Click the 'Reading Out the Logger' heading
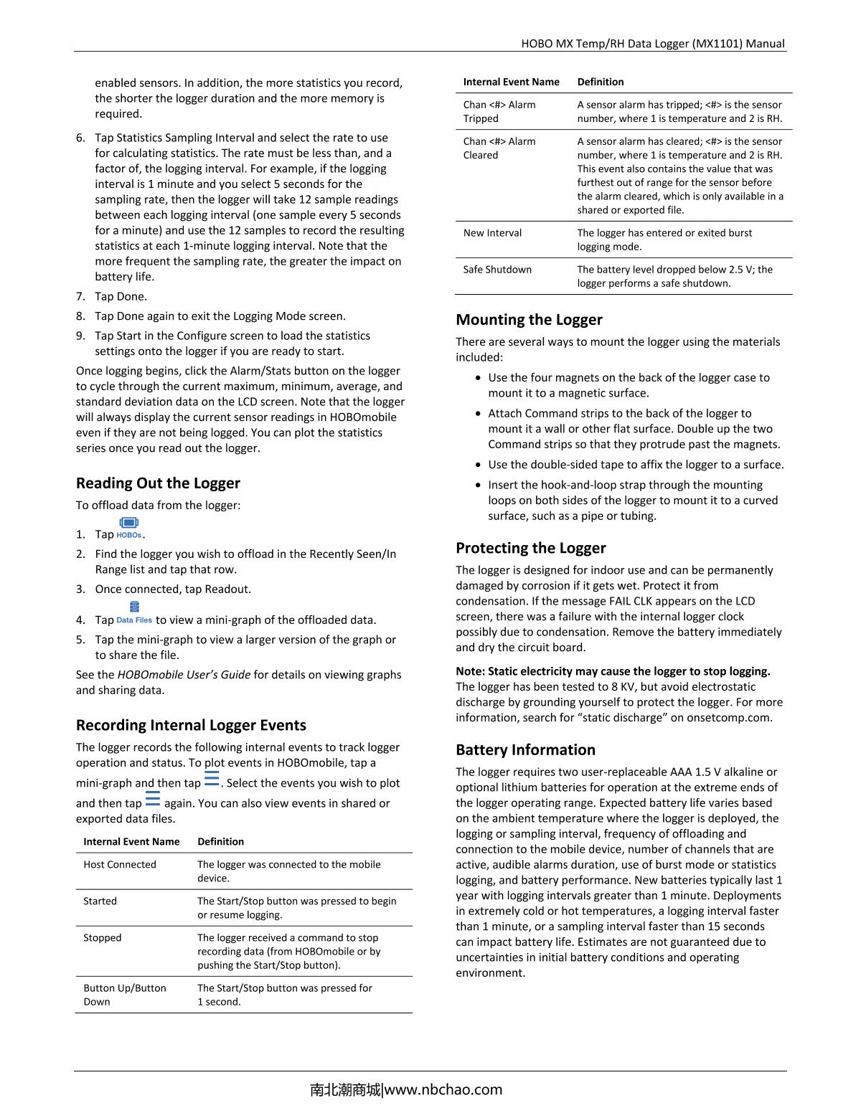158,483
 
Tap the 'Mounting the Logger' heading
529,319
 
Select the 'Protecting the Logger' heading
530,547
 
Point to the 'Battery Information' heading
525,749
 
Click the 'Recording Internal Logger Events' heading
191,724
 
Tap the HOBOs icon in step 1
129,527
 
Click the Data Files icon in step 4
134,613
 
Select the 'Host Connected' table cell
120,864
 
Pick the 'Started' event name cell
100,901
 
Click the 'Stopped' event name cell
103,937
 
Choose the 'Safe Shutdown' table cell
497,269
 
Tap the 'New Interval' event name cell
492,232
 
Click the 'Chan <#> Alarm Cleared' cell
499,148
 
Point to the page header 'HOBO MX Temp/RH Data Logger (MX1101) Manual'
652,43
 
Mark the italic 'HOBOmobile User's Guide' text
184,674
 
